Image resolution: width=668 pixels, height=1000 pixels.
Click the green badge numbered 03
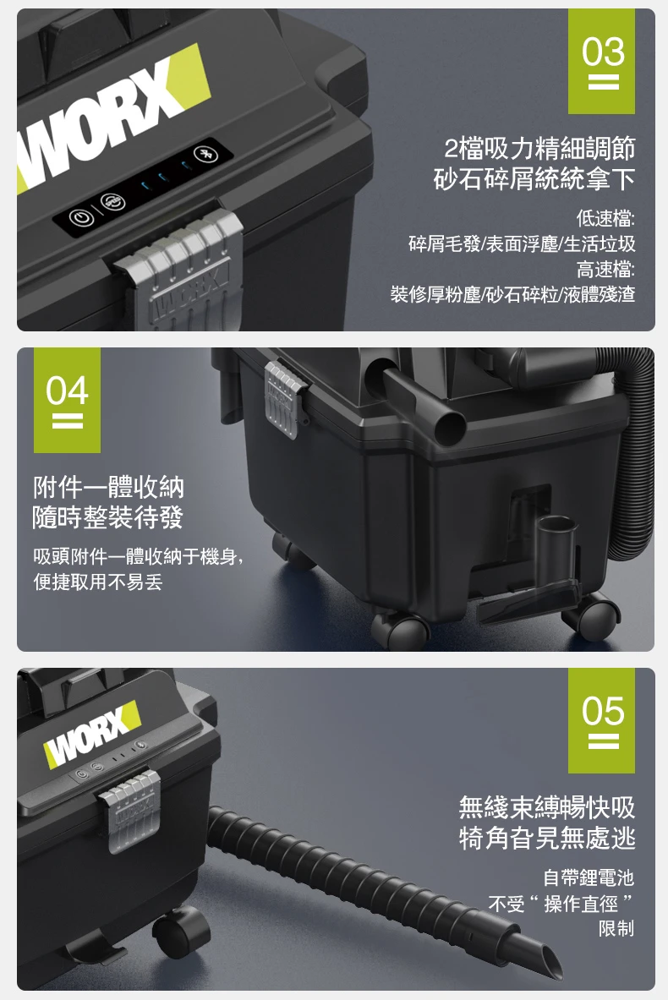[x=601, y=61]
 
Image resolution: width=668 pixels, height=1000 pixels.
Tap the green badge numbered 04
[x=67, y=400]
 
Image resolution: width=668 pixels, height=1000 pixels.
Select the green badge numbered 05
[x=601, y=721]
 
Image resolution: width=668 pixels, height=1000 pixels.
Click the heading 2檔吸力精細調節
[x=539, y=149]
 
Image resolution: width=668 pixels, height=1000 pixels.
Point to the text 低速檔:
[x=605, y=219]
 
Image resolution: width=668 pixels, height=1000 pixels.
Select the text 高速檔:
[x=605, y=269]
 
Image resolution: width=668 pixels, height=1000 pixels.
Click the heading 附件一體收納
[x=108, y=488]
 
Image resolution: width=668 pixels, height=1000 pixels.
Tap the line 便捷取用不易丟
[x=97, y=582]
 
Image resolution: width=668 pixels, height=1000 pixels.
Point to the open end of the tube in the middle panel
[x=450, y=425]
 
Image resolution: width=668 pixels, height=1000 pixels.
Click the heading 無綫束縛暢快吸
[x=547, y=807]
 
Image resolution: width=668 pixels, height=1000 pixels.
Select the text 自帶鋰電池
[x=589, y=878]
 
